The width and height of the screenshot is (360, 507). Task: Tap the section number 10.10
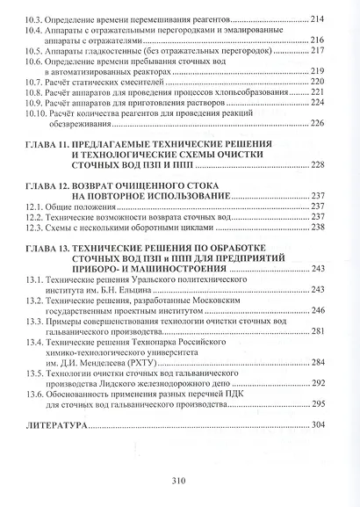tap(39, 113)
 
